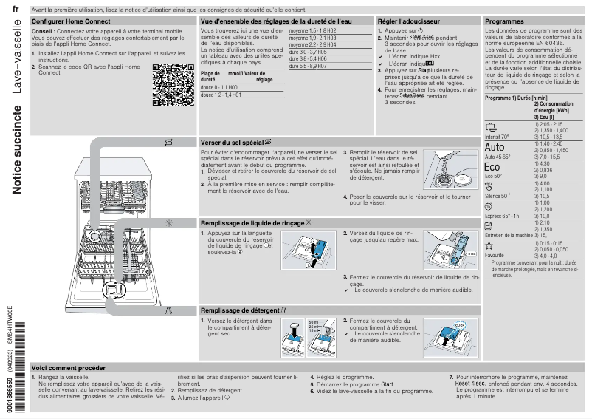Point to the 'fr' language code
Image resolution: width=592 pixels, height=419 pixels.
point(16,9)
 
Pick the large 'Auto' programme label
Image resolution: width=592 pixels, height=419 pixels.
point(495,148)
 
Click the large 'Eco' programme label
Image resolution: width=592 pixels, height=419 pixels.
point(492,168)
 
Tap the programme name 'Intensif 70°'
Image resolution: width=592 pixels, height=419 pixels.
point(497,137)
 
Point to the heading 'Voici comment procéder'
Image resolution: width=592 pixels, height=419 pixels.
point(69,367)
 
